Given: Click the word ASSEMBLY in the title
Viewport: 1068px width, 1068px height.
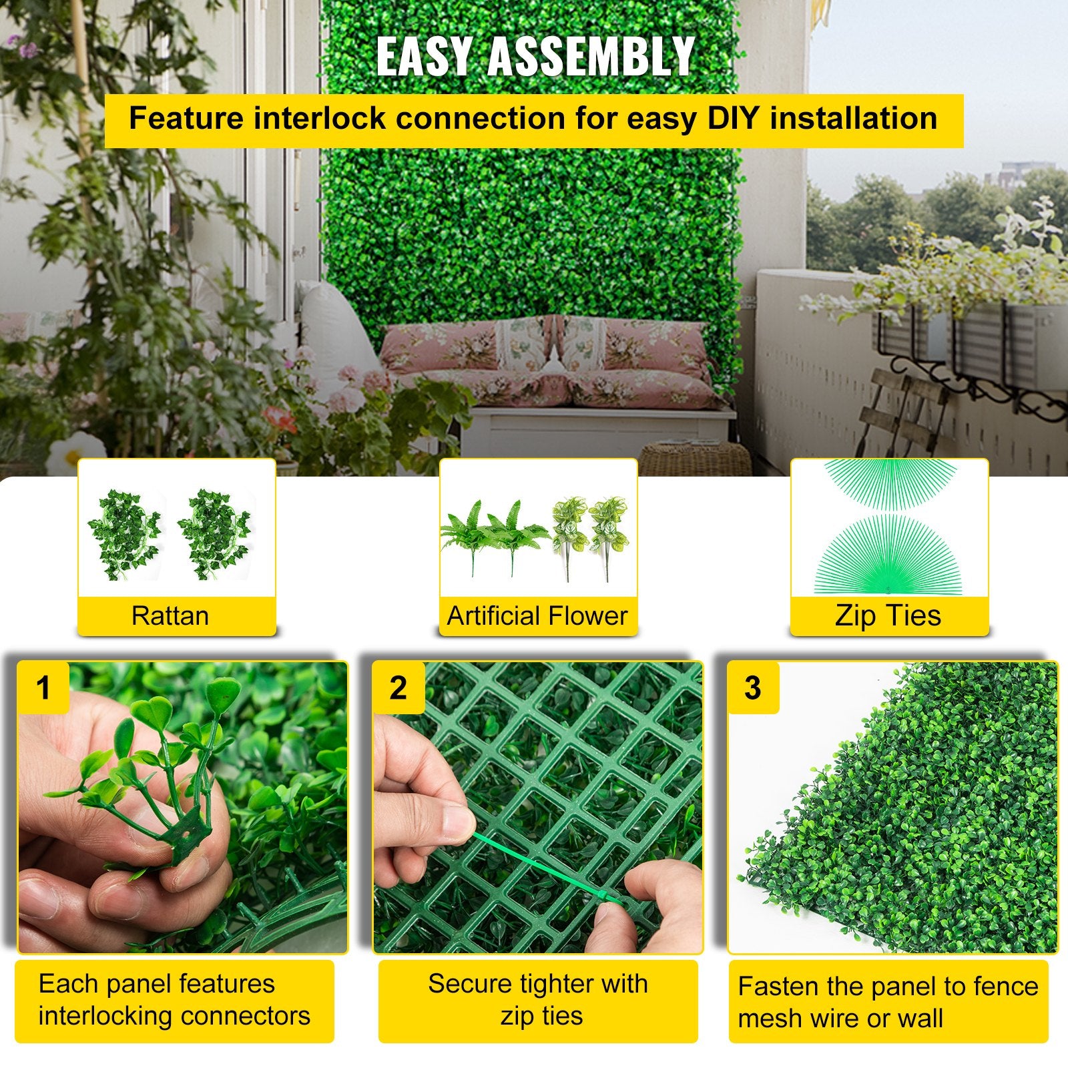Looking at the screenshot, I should (591, 57).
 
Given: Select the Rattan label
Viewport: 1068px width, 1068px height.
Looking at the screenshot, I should (170, 615).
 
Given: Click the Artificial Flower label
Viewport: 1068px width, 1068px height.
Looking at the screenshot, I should (537, 615).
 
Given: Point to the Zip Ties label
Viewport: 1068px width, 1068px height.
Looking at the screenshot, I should (888, 615).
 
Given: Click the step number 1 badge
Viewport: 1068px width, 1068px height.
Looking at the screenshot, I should (43, 688).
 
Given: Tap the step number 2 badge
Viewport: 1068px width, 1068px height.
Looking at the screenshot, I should (398, 688).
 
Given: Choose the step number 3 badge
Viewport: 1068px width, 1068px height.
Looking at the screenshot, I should (752, 688).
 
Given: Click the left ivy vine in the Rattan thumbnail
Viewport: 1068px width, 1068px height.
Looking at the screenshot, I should (124, 534).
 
